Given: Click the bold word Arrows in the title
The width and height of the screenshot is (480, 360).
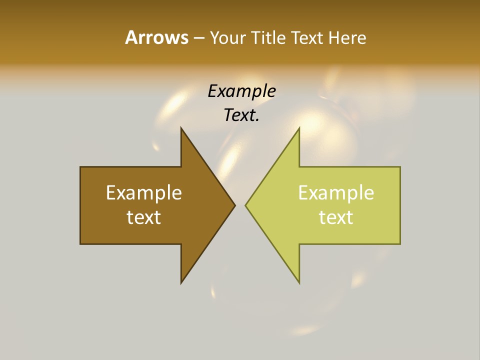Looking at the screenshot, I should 156,37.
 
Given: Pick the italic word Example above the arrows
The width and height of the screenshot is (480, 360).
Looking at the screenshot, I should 241,91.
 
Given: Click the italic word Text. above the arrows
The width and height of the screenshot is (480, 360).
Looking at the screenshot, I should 241,115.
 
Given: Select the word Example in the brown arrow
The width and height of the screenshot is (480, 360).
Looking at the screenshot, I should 144,193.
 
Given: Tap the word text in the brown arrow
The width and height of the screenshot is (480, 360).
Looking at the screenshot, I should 144,217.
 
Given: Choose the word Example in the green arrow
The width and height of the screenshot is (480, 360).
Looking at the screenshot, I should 336,193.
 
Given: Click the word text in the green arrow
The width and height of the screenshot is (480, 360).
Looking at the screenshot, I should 336,217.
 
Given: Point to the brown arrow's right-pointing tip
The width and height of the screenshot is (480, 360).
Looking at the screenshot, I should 234,205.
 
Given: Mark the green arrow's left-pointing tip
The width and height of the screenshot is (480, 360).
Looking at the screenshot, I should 246,205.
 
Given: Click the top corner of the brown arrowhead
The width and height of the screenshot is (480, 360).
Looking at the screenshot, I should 181,128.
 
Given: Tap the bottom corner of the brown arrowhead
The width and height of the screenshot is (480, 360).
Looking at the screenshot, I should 181,283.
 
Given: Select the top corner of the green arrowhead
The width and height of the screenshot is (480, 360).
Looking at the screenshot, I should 299,128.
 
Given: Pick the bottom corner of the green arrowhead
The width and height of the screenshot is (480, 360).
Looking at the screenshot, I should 299,283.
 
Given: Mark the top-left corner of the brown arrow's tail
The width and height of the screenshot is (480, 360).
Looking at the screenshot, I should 81,167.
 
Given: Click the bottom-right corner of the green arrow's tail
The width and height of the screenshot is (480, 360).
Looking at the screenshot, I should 399,243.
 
